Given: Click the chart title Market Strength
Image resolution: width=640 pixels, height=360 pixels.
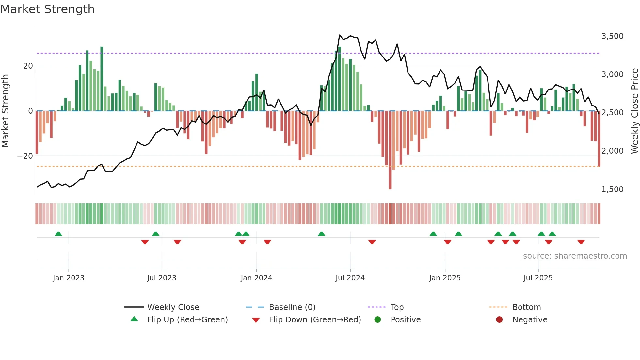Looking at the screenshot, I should pos(48,9).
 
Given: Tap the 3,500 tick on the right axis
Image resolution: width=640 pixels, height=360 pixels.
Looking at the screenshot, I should pos(612,36).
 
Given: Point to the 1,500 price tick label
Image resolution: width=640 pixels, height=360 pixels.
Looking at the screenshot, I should pos(612,189).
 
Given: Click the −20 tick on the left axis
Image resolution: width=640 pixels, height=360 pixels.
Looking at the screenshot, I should pos(25,156).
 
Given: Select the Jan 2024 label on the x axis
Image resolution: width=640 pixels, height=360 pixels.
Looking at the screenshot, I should pos(256,278).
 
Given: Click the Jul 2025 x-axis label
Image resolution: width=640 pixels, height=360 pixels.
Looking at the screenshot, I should pos(538,278).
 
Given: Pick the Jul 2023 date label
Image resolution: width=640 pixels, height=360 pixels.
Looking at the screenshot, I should pos(162,278).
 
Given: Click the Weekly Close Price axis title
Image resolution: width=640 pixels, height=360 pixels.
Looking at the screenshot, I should pos(634,111).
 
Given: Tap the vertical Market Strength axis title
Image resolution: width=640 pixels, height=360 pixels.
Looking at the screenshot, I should pos(6,111).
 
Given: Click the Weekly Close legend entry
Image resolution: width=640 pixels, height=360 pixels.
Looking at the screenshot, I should pos(173,307).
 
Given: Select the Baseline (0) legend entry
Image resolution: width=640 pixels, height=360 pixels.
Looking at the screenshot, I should pos(292,307).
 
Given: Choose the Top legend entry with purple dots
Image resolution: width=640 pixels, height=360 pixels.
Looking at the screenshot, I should pos(397,307).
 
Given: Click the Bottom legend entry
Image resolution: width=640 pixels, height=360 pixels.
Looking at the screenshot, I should pos(526,307).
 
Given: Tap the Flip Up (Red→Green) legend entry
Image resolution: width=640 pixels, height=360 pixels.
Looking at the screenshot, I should pos(187,320).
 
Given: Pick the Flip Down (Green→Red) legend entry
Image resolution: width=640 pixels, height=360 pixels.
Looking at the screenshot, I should pos(315,320).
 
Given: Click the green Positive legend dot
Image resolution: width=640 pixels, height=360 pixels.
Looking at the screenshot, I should pos(378,320).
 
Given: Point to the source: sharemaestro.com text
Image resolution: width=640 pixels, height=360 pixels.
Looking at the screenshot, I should pos(575,256).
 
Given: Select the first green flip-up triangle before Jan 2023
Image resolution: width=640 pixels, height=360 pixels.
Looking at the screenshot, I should pos(58,234).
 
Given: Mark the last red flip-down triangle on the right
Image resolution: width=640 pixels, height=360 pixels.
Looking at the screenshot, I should pos(581,242).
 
